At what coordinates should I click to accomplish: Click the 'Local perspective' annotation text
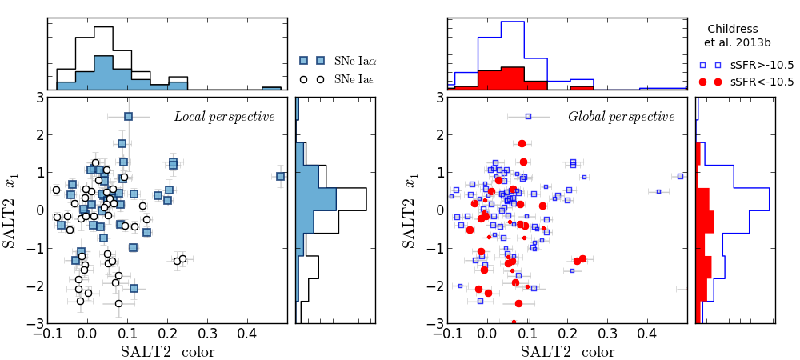224,117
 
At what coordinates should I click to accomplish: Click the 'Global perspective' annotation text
621,117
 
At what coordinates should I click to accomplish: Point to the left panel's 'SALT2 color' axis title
167,351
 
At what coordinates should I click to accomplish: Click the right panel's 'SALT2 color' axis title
567,351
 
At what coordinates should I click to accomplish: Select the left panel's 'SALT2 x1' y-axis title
10,210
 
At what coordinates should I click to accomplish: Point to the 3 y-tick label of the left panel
38,98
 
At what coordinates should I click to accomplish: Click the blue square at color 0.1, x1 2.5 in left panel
128,117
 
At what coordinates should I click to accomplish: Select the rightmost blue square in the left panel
280,176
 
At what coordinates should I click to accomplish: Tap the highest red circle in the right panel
522,144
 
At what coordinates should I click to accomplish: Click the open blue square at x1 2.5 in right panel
528,117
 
